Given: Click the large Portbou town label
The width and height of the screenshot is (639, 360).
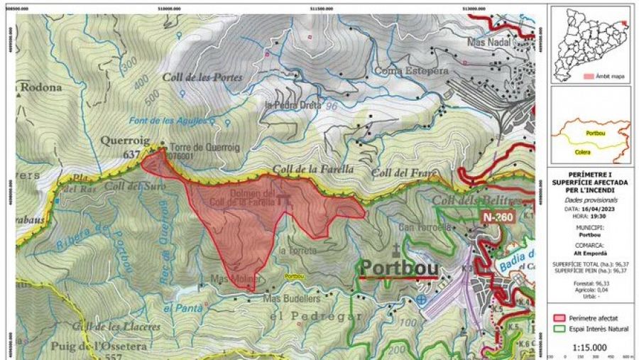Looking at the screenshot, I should pyautogui.click(x=398, y=267).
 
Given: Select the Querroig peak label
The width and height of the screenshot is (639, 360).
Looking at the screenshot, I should pyautogui.click(x=126, y=141).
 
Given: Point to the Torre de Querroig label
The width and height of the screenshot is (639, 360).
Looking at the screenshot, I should pyautogui.click(x=200, y=147).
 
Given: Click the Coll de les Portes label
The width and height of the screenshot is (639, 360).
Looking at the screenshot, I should pyautogui.click(x=202, y=77).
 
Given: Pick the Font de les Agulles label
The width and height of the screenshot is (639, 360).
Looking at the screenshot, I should pyautogui.click(x=164, y=120).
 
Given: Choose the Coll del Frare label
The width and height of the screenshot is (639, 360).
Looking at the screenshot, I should pyautogui.click(x=401, y=173).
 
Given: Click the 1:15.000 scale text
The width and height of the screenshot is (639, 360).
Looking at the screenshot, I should pyautogui.click(x=588, y=348).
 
